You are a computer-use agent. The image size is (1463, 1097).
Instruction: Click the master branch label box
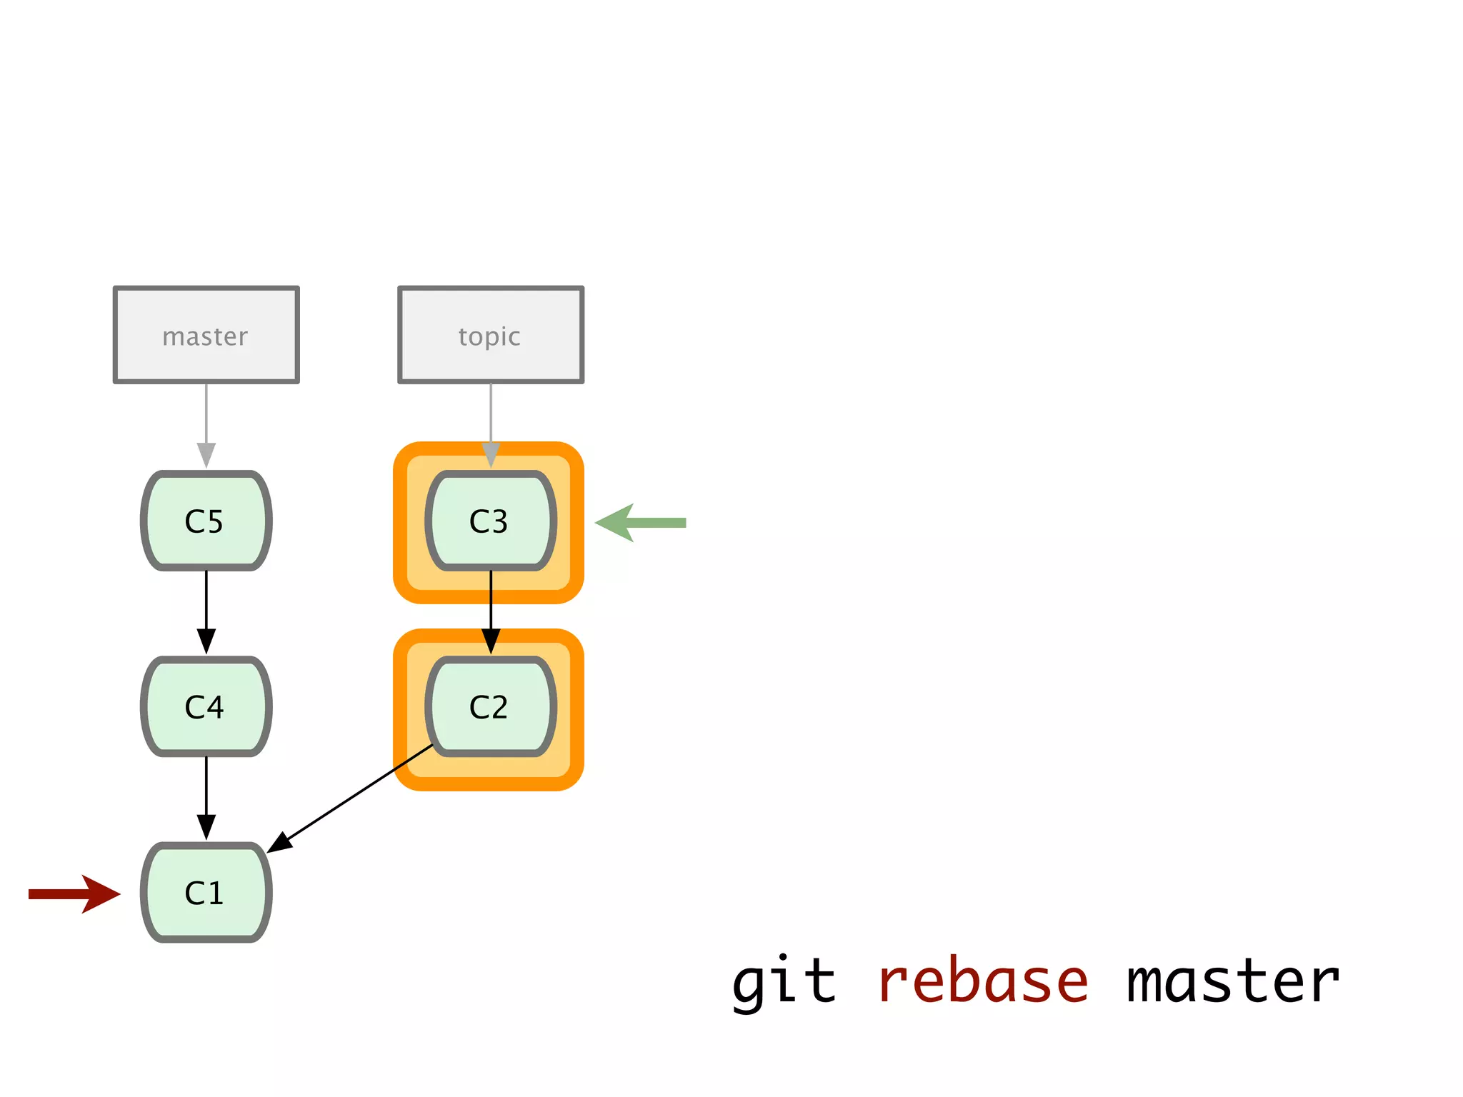tap(206, 335)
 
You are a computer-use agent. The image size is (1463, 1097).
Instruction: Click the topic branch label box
tap(490, 335)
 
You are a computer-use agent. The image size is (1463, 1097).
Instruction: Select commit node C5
tap(206, 521)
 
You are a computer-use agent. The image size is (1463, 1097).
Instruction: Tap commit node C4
tap(206, 706)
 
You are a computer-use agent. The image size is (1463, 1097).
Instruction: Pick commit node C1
tap(206, 892)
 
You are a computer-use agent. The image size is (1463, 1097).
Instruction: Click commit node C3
tap(490, 521)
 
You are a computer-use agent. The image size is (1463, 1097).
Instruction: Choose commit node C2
tap(490, 706)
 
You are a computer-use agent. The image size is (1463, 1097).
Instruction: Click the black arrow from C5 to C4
tap(206, 611)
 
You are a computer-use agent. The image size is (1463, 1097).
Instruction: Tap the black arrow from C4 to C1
tap(206, 796)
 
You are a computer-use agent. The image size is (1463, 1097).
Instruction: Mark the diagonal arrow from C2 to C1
tap(350, 798)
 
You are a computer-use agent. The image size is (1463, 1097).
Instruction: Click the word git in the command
tap(784, 982)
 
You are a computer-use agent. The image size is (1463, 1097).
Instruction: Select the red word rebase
tap(982, 982)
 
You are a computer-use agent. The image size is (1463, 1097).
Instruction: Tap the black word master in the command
tap(1232, 982)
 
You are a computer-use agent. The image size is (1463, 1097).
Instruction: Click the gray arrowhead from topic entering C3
tap(491, 455)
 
